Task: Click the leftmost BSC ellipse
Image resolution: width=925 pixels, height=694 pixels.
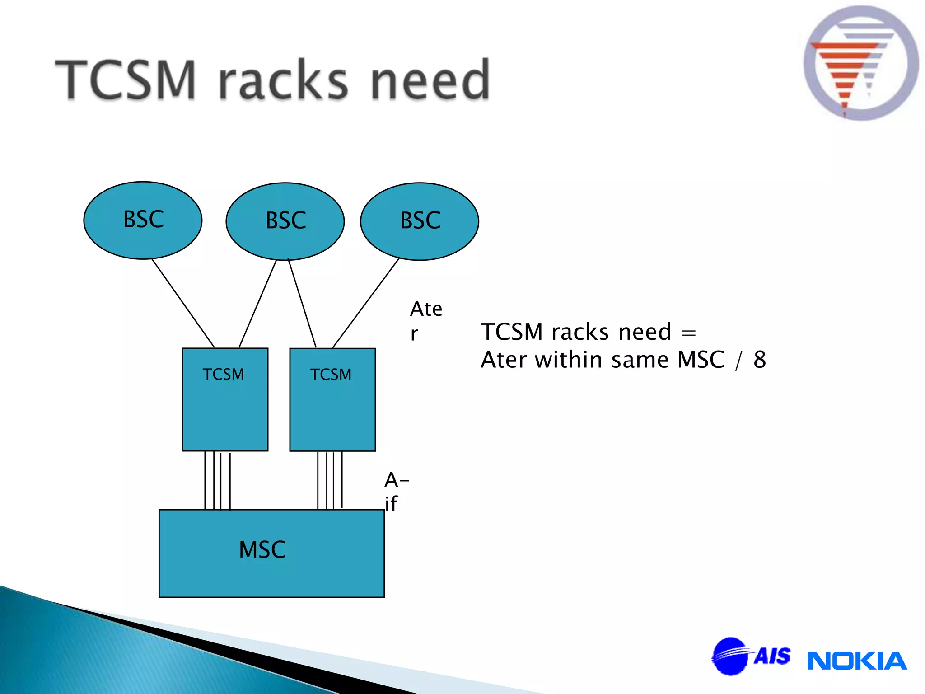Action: (143, 220)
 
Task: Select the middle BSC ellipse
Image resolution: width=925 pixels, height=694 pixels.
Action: (285, 221)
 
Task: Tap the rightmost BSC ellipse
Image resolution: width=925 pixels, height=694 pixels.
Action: (420, 221)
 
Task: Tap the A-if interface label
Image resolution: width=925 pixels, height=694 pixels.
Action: (395, 492)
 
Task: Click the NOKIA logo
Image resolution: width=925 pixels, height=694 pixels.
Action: (857, 661)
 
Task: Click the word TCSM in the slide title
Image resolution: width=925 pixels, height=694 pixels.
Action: (126, 80)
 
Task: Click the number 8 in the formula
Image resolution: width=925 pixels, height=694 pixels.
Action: (760, 360)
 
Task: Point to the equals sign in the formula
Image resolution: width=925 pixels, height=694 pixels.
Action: (688, 333)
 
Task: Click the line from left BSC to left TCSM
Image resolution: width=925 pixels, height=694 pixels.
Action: (183, 303)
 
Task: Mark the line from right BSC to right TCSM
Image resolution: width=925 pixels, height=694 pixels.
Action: (365, 303)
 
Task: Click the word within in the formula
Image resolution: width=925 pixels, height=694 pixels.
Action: (568, 360)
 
